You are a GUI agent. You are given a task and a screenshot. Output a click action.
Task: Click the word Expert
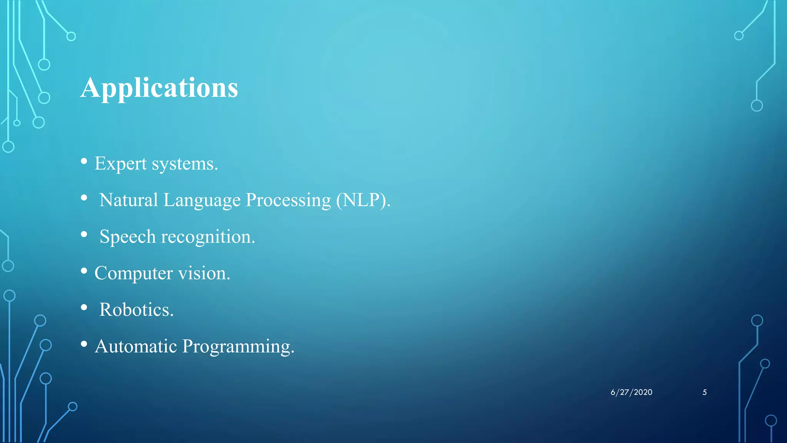click(x=120, y=164)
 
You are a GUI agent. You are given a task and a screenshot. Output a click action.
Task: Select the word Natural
click(x=128, y=200)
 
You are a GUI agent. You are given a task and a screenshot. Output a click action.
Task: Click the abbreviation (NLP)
click(x=363, y=200)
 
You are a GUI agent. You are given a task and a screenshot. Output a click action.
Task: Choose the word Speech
click(x=128, y=237)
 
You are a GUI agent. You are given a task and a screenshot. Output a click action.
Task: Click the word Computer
click(x=133, y=273)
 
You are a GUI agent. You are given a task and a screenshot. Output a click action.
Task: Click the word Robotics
click(x=136, y=310)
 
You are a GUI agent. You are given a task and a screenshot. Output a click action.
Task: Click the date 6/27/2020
click(x=631, y=392)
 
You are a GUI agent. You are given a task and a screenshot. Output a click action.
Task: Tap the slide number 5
click(x=704, y=392)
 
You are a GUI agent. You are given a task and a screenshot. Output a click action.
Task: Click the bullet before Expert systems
click(x=84, y=162)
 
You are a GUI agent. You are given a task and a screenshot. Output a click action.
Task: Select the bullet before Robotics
click(x=84, y=307)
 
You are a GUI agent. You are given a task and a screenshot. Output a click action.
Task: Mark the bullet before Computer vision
click(x=84, y=271)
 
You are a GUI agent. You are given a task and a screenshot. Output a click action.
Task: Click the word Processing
click(x=288, y=200)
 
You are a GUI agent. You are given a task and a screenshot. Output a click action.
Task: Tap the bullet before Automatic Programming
click(x=84, y=344)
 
